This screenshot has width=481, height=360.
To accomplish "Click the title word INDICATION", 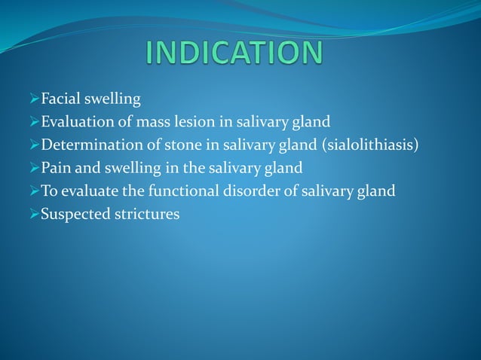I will point(234,53).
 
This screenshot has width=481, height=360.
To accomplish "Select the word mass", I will point(149,122).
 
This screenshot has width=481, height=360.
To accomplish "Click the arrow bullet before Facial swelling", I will point(34,99).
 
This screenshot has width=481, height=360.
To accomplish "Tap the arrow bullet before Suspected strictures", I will point(34,215).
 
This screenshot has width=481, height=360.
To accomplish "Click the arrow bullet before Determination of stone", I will point(34,145).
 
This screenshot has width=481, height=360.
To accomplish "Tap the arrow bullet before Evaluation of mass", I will point(34,123).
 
